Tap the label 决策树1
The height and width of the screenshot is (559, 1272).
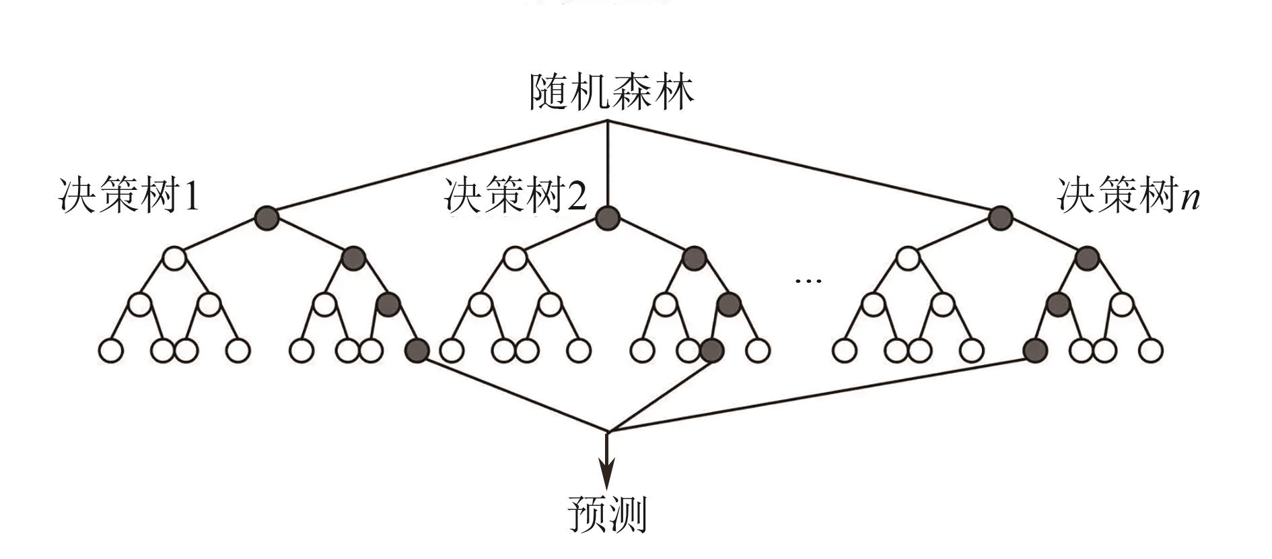(130, 196)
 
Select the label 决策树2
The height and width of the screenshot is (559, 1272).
(516, 196)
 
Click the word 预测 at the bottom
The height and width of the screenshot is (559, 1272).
(607, 515)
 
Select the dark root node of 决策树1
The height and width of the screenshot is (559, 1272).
(267, 217)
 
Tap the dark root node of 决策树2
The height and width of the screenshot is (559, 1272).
(608, 217)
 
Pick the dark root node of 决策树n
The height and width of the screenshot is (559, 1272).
(1001, 217)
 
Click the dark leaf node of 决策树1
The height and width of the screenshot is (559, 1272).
(417, 350)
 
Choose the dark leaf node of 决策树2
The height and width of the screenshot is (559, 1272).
(711, 350)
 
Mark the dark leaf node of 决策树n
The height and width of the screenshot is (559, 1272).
(1034, 350)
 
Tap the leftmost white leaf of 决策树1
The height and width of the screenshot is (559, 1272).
(110, 350)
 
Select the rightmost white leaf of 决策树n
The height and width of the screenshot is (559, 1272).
(1151, 350)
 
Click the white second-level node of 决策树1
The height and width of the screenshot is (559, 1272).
(174, 257)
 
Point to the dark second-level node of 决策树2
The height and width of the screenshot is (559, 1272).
(694, 257)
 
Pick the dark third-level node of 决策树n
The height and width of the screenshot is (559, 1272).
(1058, 304)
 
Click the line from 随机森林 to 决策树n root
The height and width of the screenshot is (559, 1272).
(808, 168)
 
